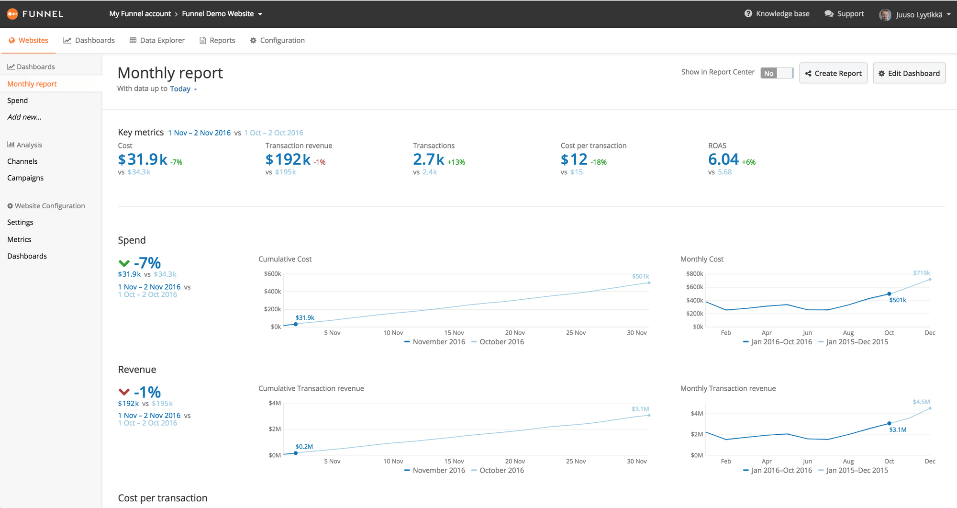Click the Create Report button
click(x=833, y=73)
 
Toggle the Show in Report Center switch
click(x=777, y=73)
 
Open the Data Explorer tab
click(x=157, y=40)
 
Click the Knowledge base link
click(x=777, y=14)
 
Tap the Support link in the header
click(x=844, y=14)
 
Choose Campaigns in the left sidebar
click(x=25, y=178)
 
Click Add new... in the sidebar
click(x=24, y=117)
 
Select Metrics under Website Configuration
click(x=19, y=239)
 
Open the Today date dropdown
click(x=183, y=89)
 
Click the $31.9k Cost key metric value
click(x=143, y=159)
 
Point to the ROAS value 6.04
click(x=723, y=159)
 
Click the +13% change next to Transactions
click(x=456, y=162)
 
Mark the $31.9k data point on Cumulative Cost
click(x=296, y=324)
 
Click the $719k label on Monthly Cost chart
click(x=921, y=273)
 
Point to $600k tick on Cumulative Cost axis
click(x=272, y=274)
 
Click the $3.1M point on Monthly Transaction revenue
click(x=889, y=423)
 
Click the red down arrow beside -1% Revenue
click(x=124, y=392)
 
